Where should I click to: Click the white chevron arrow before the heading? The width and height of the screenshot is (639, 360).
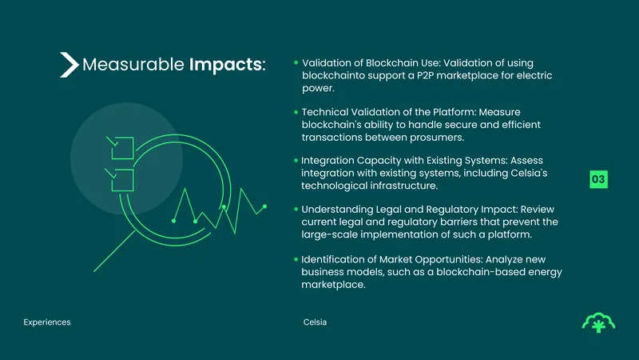tap(69, 65)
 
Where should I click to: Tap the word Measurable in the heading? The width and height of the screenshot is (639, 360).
tap(133, 65)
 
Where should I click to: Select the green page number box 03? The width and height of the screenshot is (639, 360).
tap(598, 179)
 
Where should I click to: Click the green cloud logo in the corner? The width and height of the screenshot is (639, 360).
tap(598, 322)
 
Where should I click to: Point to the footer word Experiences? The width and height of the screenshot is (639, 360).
tap(47, 322)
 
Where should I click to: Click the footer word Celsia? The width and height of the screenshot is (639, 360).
tap(315, 322)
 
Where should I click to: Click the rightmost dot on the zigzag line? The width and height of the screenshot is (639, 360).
tap(264, 206)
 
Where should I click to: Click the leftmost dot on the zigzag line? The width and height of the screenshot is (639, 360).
tap(173, 221)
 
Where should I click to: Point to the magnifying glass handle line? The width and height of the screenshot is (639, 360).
tap(114, 251)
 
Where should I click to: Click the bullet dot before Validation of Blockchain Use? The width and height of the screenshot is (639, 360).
tap(296, 62)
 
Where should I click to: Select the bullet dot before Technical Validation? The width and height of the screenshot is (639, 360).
tap(296, 112)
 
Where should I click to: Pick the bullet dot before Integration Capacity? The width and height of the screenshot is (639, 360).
tap(296, 161)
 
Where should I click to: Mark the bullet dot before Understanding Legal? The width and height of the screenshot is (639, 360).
tap(296, 209)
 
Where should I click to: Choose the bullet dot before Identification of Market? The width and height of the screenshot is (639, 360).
tap(296, 259)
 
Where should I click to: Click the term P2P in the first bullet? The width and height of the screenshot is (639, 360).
tap(425, 75)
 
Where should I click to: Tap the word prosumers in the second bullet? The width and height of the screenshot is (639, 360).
tap(437, 138)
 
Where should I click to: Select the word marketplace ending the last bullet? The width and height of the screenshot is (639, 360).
tap(333, 285)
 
